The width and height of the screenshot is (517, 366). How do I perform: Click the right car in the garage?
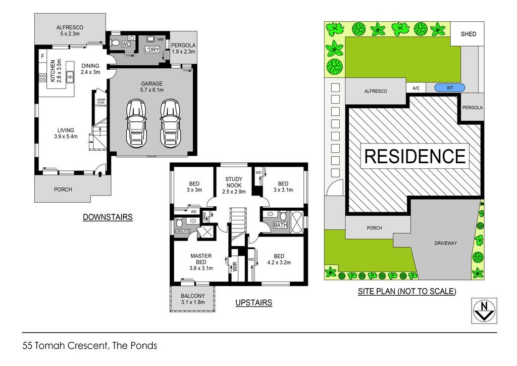(x=171, y=123)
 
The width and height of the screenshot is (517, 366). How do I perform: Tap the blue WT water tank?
(x=450, y=88)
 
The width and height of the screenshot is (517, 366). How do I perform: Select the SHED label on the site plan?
(x=468, y=34)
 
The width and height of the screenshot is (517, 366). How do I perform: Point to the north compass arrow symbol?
(x=484, y=311)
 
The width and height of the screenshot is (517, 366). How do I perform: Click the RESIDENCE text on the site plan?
(x=415, y=156)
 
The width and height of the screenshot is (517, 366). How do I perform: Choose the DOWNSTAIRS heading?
(x=108, y=217)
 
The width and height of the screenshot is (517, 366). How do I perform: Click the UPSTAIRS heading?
(x=253, y=303)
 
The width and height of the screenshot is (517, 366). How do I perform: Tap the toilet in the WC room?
(x=115, y=43)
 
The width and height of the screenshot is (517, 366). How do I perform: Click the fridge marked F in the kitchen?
(x=42, y=57)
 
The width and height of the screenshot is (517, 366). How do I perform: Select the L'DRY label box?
(x=151, y=50)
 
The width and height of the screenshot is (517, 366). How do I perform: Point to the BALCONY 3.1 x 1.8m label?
(x=193, y=299)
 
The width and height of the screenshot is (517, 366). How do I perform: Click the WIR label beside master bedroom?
(x=235, y=266)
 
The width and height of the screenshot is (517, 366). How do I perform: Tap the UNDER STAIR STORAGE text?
(x=101, y=103)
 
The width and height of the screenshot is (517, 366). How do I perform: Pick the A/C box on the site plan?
(x=416, y=88)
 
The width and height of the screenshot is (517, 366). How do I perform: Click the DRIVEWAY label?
(x=445, y=243)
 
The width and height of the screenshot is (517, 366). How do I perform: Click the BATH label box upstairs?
(x=280, y=225)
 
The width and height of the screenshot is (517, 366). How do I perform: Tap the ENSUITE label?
(x=182, y=231)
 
